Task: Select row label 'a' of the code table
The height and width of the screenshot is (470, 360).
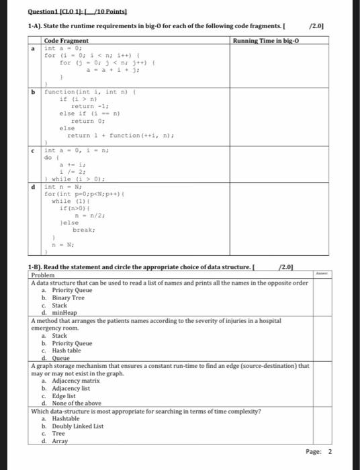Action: (34, 48)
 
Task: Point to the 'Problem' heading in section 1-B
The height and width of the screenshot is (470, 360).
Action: (42, 276)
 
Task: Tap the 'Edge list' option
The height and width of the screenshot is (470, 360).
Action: (65, 395)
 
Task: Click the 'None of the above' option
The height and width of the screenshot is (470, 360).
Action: (75, 403)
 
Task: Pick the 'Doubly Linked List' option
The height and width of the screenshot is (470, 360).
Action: (77, 426)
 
